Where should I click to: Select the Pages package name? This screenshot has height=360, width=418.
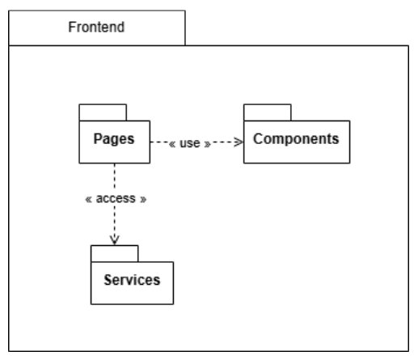tap(114, 139)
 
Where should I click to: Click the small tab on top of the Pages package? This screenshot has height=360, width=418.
tap(102, 111)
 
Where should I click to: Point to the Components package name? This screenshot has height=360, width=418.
tap(296, 138)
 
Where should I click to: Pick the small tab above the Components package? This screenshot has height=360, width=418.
tap(268, 111)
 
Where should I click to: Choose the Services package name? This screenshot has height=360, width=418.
tap(132, 281)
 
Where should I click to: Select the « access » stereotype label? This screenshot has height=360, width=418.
tap(115, 197)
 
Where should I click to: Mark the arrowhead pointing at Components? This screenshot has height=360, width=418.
tap(238, 142)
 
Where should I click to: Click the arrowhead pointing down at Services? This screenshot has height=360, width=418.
tap(115, 239)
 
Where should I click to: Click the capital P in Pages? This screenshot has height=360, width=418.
tap(98, 139)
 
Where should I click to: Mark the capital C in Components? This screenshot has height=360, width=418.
tap(259, 138)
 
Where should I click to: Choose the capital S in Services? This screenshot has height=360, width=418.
tap(108, 281)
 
